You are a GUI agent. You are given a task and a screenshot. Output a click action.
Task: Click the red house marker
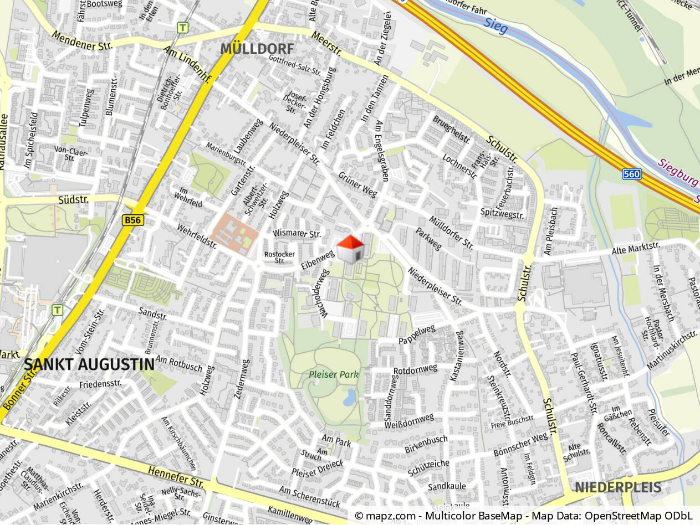point(350,249)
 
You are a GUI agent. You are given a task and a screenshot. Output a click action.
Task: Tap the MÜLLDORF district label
point(257,48)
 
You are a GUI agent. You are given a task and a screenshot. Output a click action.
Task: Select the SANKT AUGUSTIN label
point(89,364)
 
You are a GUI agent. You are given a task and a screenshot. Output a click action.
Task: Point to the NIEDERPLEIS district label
point(617,487)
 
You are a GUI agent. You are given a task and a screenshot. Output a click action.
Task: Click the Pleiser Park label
point(334,374)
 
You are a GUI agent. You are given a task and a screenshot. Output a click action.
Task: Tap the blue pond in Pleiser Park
point(349,397)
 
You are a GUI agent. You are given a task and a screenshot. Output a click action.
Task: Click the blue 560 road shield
point(631,174)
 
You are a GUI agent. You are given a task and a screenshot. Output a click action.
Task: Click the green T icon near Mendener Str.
point(182,27)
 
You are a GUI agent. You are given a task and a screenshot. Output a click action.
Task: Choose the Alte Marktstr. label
point(636,248)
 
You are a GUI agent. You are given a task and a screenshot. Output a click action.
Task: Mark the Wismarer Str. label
point(297,234)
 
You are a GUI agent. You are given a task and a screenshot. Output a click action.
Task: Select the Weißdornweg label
point(409,421)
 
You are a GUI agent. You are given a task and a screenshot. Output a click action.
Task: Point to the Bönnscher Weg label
point(520,445)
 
